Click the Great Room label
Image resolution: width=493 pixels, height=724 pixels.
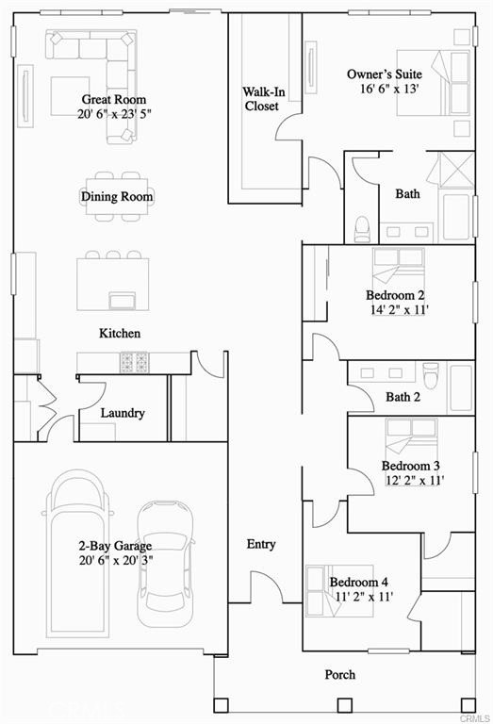(x=113, y=99)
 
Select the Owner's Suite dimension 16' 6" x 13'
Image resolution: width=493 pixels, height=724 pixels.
(x=389, y=89)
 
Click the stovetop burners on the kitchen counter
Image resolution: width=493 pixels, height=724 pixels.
(x=135, y=362)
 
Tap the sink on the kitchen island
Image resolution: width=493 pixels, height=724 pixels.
(x=122, y=300)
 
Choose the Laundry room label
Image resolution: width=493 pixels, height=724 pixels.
(x=123, y=413)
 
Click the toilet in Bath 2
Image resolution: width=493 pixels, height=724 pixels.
(x=430, y=375)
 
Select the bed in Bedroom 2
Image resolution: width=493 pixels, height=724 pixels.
(x=399, y=267)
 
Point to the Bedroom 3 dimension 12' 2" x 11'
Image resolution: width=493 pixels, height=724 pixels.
(x=415, y=480)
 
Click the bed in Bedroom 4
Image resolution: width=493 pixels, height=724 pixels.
(x=339, y=590)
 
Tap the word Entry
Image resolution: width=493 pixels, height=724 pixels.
(x=261, y=544)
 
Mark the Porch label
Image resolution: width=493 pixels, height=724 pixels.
(x=340, y=675)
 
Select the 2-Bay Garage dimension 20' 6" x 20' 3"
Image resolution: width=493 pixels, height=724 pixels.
(x=115, y=561)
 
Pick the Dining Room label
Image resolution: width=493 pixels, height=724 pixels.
(x=117, y=196)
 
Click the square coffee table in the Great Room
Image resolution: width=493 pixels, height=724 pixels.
(x=70, y=96)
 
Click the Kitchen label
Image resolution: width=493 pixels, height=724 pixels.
(x=120, y=333)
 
